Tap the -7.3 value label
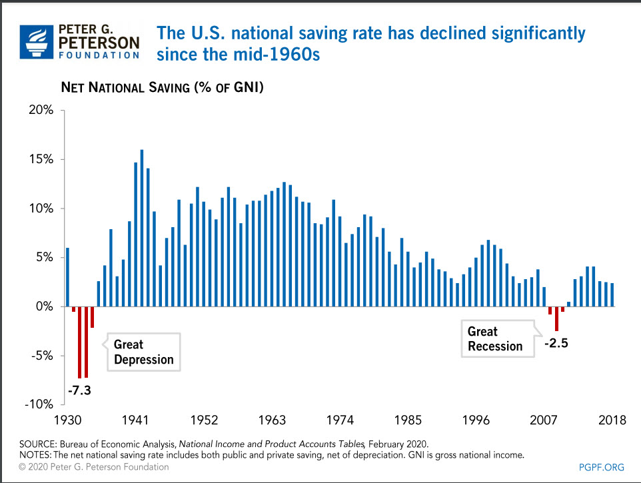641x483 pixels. point(79,390)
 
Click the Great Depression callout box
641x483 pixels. point(143,352)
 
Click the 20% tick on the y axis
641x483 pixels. point(41,111)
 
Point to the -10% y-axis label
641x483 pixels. point(39,404)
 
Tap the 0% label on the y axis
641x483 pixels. point(44,306)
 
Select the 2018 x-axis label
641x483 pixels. point(612,420)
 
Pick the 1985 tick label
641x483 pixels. point(408,420)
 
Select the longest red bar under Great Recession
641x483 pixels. point(556,318)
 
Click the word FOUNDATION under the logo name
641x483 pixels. point(100,55)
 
